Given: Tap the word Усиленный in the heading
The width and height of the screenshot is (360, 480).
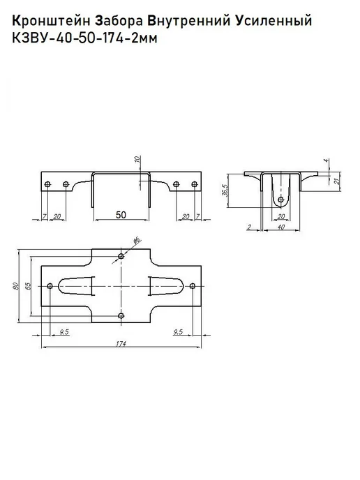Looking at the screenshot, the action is [x=274, y=22].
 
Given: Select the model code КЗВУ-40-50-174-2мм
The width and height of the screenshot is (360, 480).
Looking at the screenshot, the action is [x=84, y=38].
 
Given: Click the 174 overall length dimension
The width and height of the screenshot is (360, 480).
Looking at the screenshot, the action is [x=121, y=343].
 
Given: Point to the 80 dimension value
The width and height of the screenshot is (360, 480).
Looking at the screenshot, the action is [x=16, y=286].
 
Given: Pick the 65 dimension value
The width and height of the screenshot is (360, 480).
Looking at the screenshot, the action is [x=28, y=286].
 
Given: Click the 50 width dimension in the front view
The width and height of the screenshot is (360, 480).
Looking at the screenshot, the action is [x=121, y=215].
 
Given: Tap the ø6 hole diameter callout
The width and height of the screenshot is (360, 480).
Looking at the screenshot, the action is [x=137, y=240].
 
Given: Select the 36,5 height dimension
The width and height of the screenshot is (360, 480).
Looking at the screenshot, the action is [x=226, y=190].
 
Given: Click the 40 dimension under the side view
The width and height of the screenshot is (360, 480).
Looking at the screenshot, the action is [x=280, y=227].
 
